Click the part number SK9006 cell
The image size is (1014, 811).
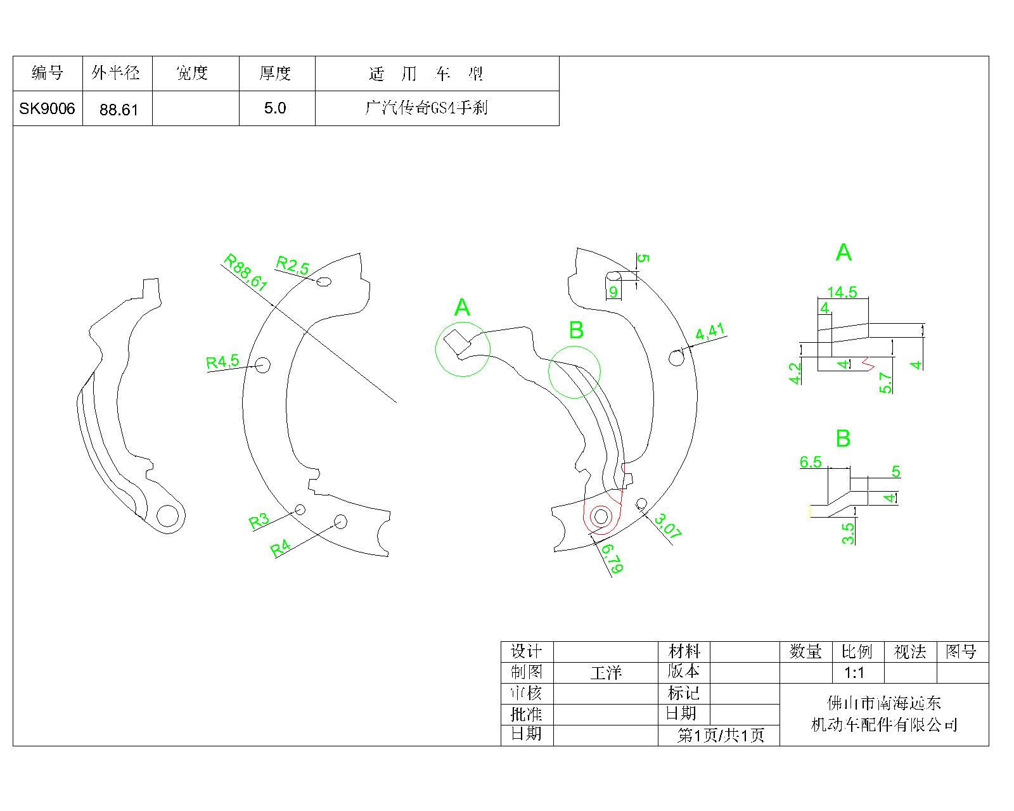point(47,108)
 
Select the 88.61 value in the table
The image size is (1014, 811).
point(119,110)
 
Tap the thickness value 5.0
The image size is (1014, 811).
point(275,108)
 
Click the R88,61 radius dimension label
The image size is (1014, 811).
point(245,272)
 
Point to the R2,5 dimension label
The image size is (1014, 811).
point(292,265)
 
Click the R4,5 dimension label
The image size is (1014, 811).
point(222,362)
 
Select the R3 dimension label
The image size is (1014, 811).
point(259,521)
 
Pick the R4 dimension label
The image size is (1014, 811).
point(281,548)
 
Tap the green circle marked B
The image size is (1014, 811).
point(574,372)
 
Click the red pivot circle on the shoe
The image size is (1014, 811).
point(601,517)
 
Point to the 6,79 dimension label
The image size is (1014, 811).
point(612,558)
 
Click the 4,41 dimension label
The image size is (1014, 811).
point(710,332)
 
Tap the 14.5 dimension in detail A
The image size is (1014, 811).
point(842,292)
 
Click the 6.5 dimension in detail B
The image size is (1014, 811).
point(811,462)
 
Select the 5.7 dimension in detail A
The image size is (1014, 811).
point(885,383)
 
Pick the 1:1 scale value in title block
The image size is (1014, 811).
point(854,673)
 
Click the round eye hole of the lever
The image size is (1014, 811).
point(168,516)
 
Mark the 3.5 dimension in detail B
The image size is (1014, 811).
point(848,532)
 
